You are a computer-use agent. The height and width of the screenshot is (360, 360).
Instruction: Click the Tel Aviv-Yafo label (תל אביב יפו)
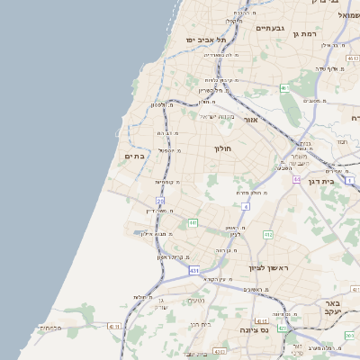tap(206, 40)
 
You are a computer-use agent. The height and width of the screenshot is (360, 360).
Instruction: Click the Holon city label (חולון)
tap(222, 148)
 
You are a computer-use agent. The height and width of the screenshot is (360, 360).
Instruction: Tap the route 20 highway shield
tap(160, 202)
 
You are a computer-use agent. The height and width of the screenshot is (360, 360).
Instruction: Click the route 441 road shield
tap(192, 222)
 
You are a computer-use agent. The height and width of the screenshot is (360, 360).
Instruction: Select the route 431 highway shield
tap(193, 269)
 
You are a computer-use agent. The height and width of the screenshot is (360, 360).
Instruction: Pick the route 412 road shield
tap(267, 235)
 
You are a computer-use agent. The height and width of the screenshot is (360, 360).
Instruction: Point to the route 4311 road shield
tap(113, 327)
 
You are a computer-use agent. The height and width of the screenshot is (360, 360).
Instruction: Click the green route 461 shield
tap(283, 88)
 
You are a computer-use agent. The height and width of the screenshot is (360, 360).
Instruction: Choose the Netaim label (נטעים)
tap(195, 300)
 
